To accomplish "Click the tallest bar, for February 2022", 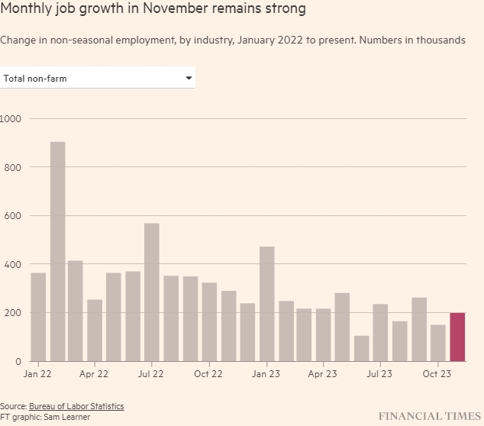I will pyautogui.click(x=57, y=251).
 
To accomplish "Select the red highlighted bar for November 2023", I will pyautogui.click(x=457, y=337).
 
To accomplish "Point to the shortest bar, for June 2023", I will pyautogui.click(x=362, y=348).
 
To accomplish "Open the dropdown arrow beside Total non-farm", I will pyautogui.click(x=189, y=78).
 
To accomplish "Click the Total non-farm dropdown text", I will pyautogui.click(x=35, y=78).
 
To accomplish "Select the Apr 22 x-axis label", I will pyautogui.click(x=93, y=374).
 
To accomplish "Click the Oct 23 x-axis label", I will pyautogui.click(x=437, y=374).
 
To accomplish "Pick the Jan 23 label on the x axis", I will pyautogui.click(x=266, y=374).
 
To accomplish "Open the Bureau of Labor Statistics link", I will pyautogui.click(x=76, y=406).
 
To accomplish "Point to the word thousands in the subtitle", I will pyautogui.click(x=438, y=40).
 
